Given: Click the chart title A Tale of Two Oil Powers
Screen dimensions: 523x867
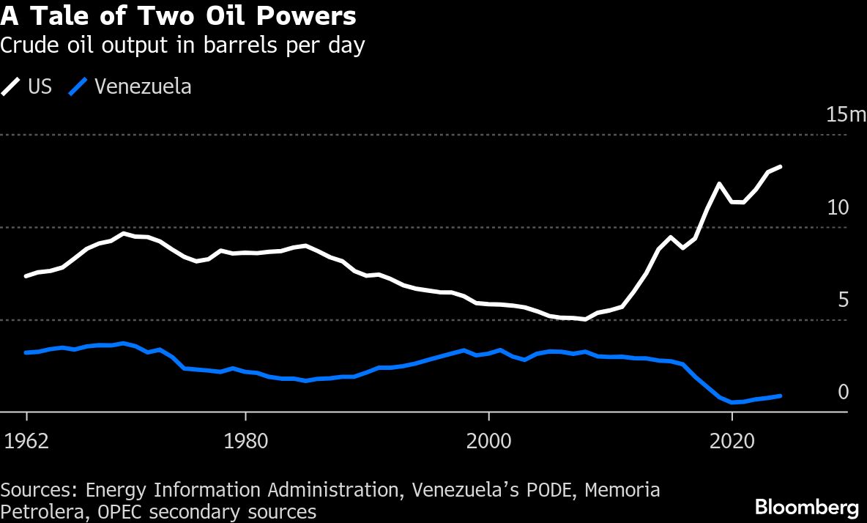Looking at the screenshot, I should pyautogui.click(x=179, y=16).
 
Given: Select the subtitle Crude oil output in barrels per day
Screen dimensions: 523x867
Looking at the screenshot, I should pyautogui.click(x=182, y=45).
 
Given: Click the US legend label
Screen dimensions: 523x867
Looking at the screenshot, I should pyautogui.click(x=40, y=86).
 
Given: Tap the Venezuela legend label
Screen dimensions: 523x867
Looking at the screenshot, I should pyautogui.click(x=143, y=86).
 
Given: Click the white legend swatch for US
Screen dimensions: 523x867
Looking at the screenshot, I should pyautogui.click(x=12, y=86).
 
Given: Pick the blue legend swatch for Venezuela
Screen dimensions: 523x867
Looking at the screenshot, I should pyautogui.click(x=78, y=86).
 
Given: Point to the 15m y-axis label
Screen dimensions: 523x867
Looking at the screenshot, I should pyautogui.click(x=846, y=115).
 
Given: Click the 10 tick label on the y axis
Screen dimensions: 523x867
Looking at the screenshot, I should pyautogui.click(x=837, y=207).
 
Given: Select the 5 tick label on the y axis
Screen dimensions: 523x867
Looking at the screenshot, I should pyautogui.click(x=842, y=300).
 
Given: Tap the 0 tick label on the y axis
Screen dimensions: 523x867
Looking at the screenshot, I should pyautogui.click(x=842, y=393).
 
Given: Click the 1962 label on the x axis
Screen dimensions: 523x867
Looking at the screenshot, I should pyautogui.click(x=26, y=441).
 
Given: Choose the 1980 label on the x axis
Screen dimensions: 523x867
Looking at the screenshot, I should pyautogui.click(x=245, y=441).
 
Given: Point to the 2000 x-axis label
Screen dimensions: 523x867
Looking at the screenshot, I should pyautogui.click(x=488, y=441).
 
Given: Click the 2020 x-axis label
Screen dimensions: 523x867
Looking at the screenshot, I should pyautogui.click(x=731, y=441).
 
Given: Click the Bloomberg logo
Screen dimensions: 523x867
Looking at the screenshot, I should pyautogui.click(x=806, y=506).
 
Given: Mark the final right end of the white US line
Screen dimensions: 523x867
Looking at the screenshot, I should pyautogui.click(x=781, y=167).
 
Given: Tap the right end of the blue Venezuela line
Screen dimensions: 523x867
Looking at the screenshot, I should pyautogui.click(x=781, y=396).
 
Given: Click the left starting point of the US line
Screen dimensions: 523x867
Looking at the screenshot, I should pyautogui.click(x=26, y=276).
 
